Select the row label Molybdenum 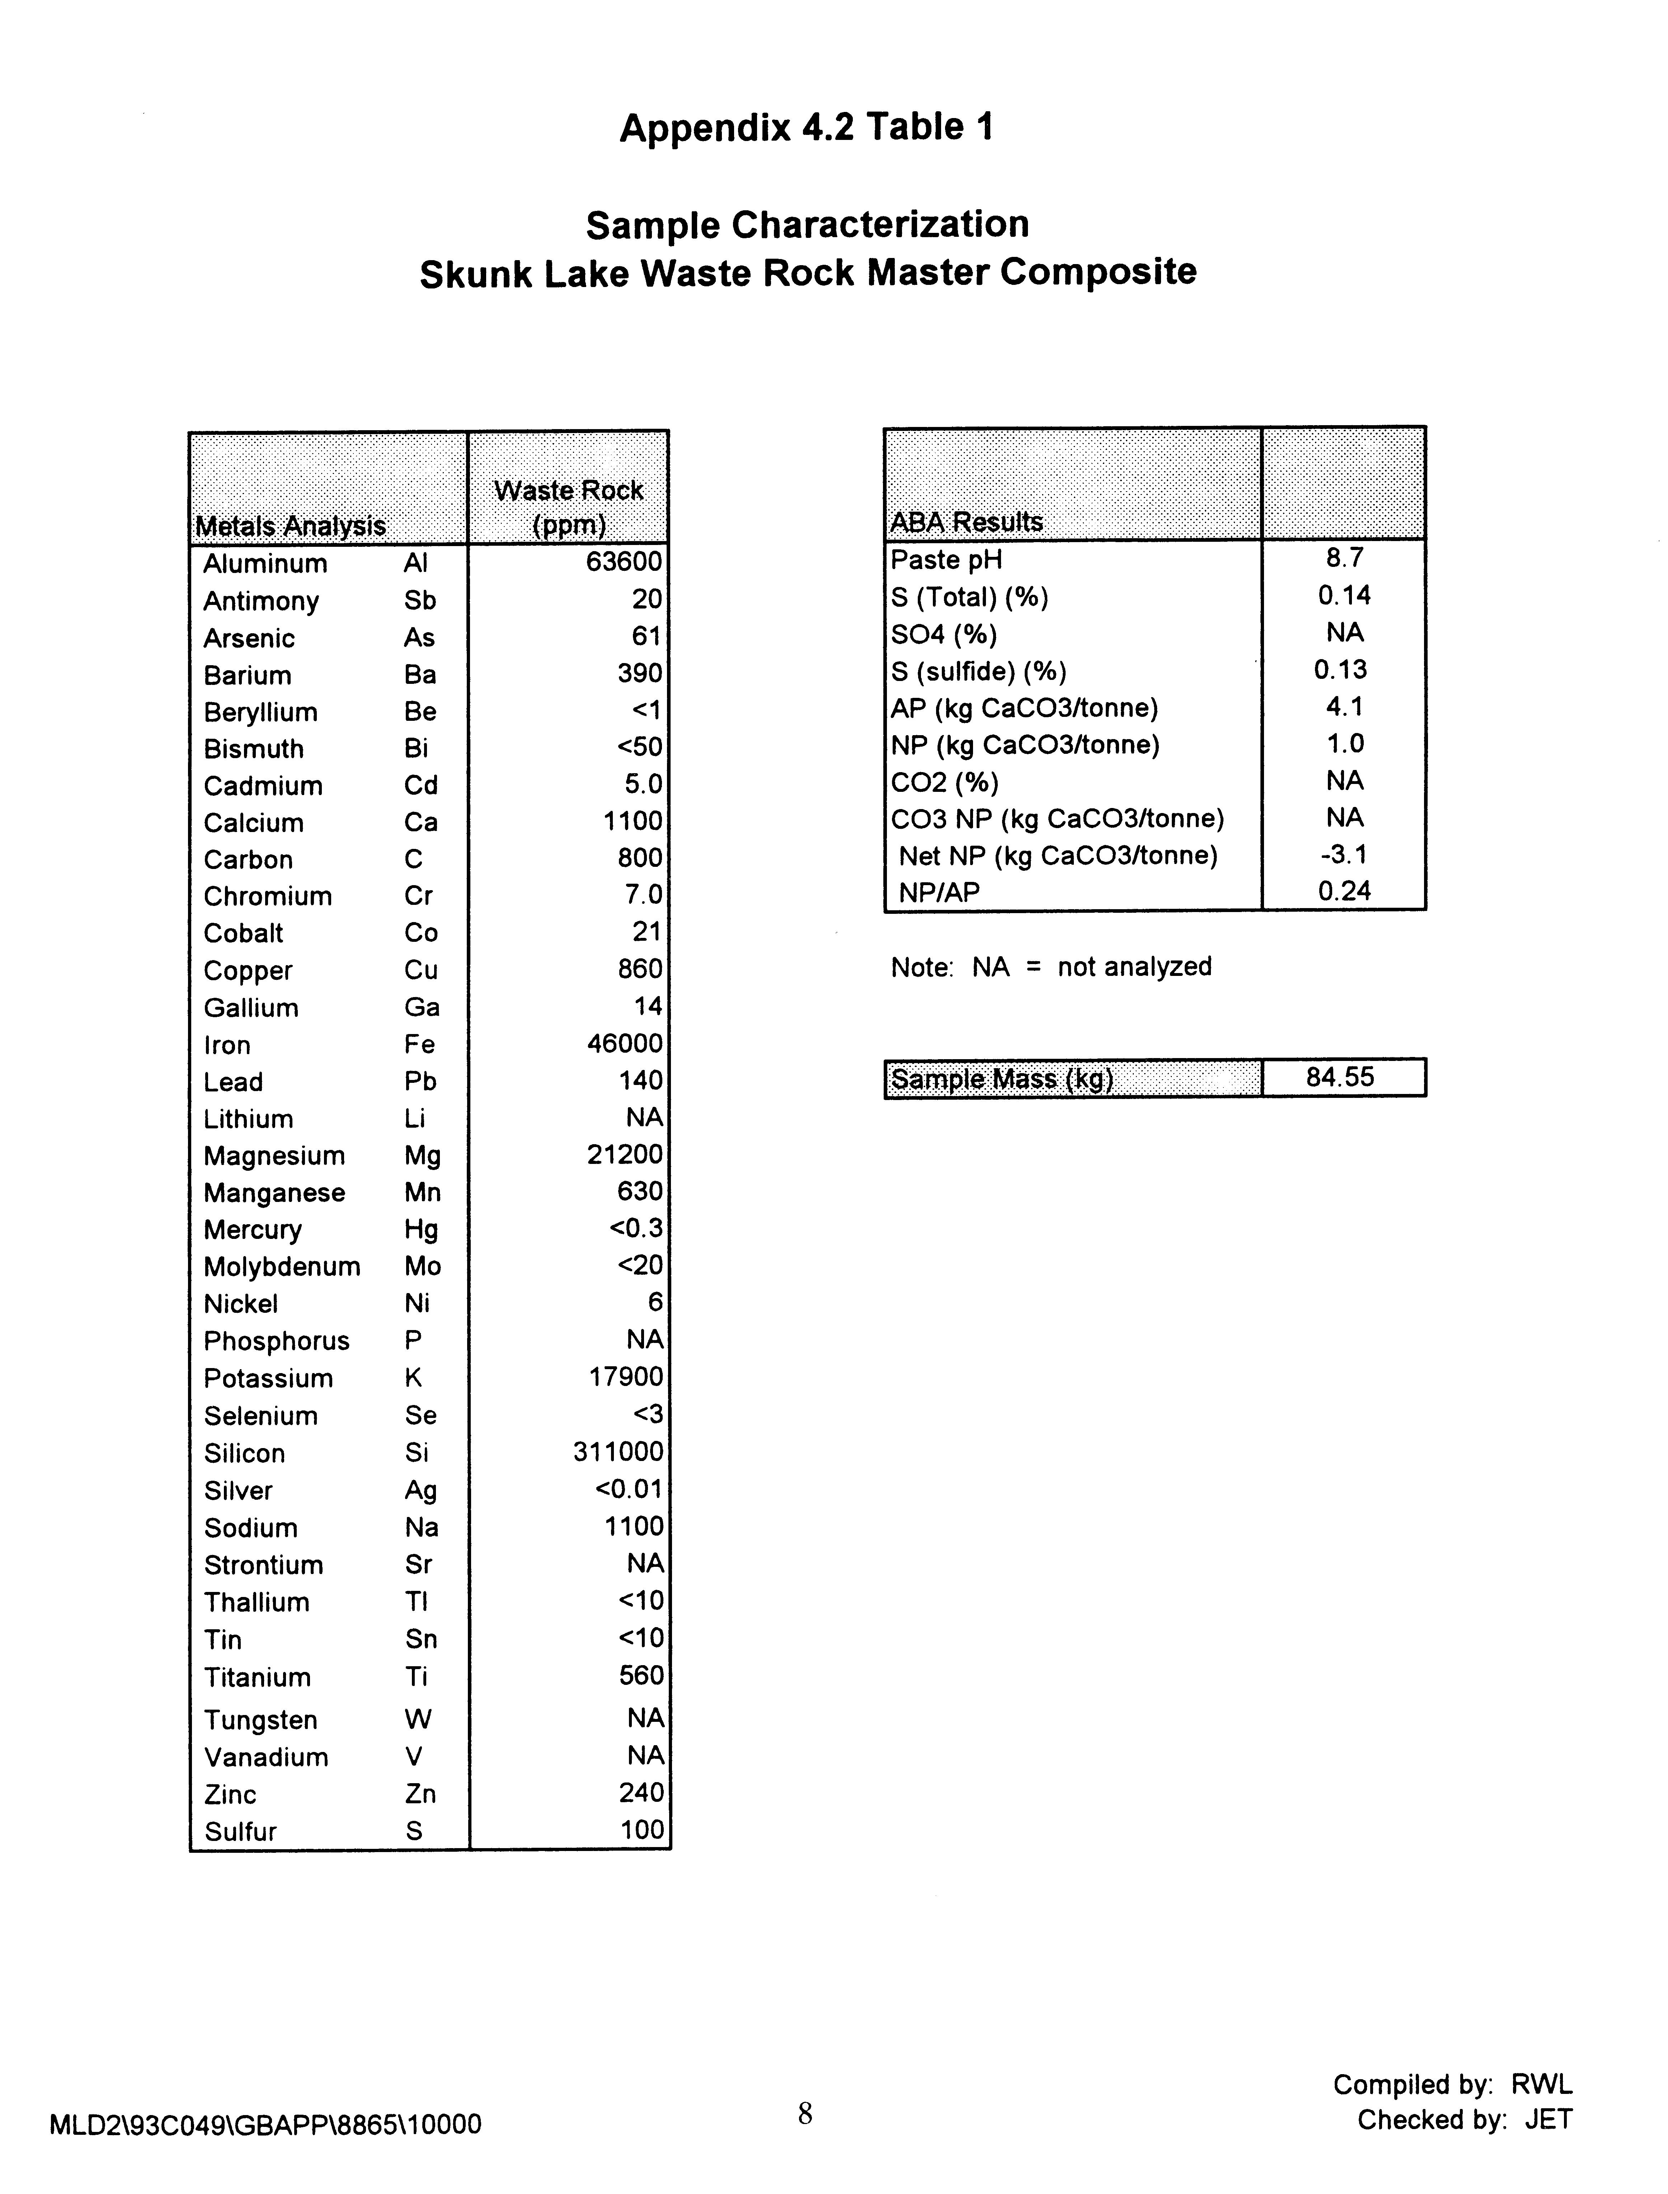point(282,1267)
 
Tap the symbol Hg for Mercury point(421,1230)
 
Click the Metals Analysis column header point(290,525)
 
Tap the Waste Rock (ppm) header point(568,506)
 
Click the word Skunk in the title point(475,274)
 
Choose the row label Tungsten point(260,1719)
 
